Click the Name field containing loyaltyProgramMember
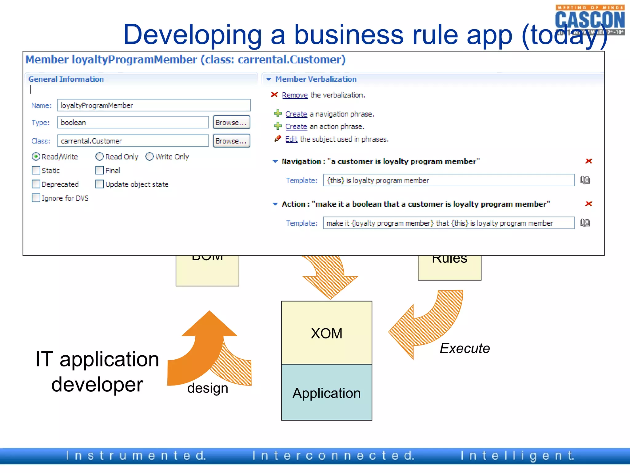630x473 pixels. (x=154, y=105)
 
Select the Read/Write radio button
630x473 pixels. (x=36, y=157)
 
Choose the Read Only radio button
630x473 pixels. (x=99, y=157)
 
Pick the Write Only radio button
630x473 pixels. (x=150, y=157)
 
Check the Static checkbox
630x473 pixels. (x=36, y=170)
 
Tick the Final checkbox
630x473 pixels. (x=99, y=170)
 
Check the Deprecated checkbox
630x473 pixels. (x=36, y=184)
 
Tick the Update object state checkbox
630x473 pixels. (x=99, y=184)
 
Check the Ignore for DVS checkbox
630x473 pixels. (x=36, y=198)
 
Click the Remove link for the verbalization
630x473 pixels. (x=295, y=95)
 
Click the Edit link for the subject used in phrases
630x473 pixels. (x=291, y=139)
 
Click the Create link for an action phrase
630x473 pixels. (x=296, y=127)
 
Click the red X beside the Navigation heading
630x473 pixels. (x=588, y=161)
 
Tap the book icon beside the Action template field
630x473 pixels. (x=585, y=223)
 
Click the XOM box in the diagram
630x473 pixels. (x=326, y=333)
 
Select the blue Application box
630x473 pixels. (x=326, y=393)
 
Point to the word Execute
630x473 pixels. (x=465, y=348)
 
